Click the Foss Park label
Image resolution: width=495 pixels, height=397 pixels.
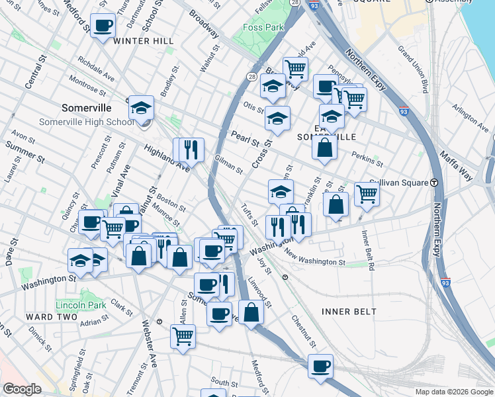[263, 27]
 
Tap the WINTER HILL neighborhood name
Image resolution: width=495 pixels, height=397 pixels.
[144, 41]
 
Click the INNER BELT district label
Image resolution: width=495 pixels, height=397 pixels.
[349, 311]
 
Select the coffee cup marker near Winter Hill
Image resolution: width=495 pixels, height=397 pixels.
[102, 26]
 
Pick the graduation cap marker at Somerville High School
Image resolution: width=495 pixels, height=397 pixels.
[141, 108]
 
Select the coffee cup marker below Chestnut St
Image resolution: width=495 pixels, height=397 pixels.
[320, 366]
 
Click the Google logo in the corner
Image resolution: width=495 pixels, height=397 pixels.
[22, 389]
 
